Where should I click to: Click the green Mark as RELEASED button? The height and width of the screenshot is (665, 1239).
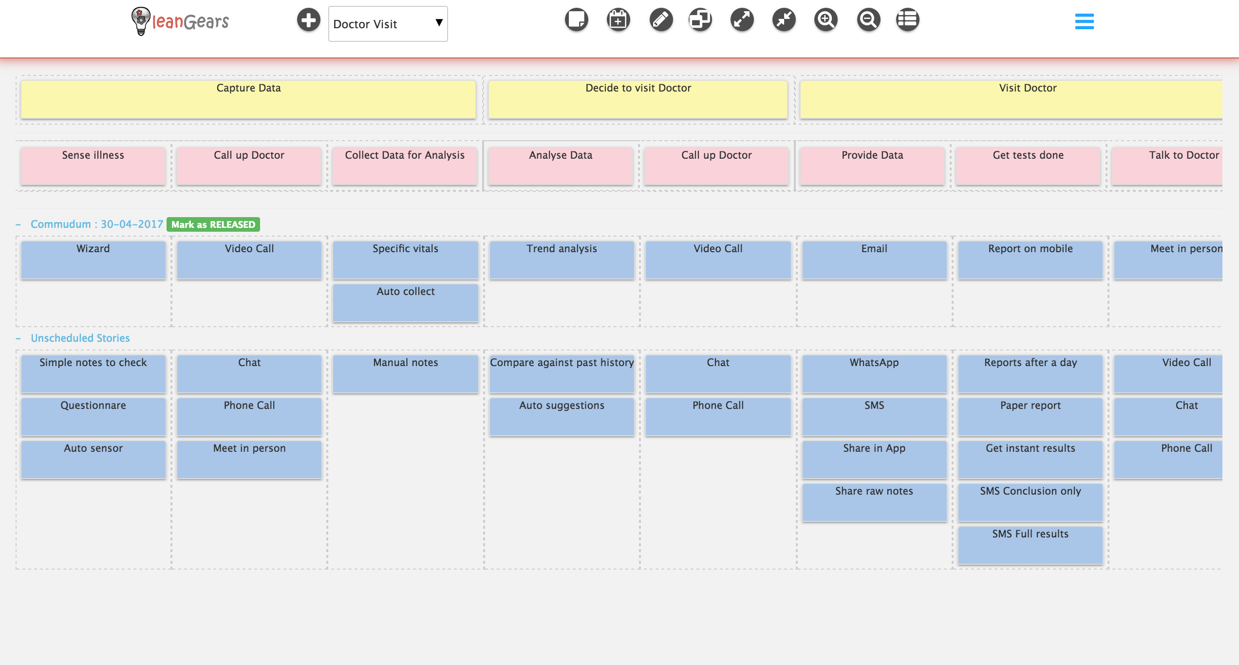pos(213,224)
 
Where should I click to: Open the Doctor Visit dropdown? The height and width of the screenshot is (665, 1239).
pos(388,24)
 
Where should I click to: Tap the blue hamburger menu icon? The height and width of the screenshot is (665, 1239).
pos(1084,21)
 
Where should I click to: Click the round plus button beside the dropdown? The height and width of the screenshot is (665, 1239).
pos(309,20)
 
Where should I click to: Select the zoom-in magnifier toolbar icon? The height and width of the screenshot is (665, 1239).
pos(826,20)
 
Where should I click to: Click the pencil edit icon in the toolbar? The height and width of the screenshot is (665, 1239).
pos(661,20)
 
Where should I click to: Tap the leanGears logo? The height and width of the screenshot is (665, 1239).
pos(180,21)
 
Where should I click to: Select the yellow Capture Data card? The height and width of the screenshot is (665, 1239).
pos(248,99)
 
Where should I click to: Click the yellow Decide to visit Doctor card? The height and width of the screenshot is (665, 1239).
pos(638,99)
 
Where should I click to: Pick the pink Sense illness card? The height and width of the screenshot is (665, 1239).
pos(93,166)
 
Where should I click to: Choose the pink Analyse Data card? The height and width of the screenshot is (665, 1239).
pos(561,166)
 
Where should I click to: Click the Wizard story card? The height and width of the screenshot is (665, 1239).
pos(93,260)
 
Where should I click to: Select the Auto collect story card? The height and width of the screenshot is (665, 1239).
pos(406,303)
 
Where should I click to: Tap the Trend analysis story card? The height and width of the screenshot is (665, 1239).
pos(562,260)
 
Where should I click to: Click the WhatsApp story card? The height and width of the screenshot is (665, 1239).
pos(874,374)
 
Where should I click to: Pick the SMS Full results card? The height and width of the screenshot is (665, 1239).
pos(1031,545)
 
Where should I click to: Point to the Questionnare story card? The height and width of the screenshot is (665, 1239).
pos(93,417)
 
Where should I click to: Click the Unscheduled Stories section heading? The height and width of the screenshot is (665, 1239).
pos(80,338)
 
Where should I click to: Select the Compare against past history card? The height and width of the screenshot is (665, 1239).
pos(562,374)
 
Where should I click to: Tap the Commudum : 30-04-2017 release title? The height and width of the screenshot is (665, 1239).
pos(97,224)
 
